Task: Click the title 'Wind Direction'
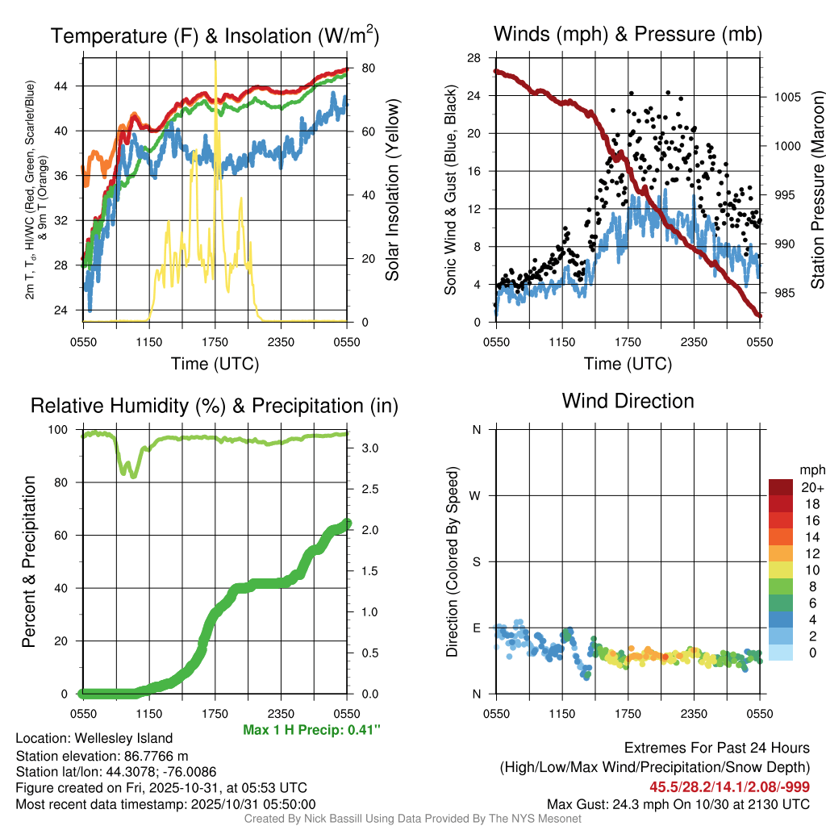point(628,401)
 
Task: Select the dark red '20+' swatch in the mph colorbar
point(782,487)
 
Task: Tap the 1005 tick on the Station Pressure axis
point(786,97)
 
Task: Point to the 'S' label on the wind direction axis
point(476,561)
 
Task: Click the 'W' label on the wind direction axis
point(476,495)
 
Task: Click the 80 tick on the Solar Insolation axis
point(366,68)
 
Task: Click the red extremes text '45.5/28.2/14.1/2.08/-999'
point(730,786)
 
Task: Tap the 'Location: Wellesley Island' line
point(94,738)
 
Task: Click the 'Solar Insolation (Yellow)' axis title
point(393,190)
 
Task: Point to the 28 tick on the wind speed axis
point(474,58)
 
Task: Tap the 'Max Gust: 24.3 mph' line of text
point(678,804)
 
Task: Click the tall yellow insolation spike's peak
point(215,63)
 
